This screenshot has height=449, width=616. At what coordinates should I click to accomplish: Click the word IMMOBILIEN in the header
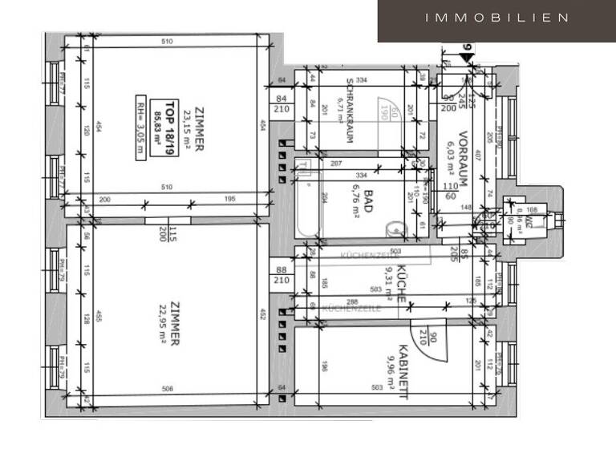497,18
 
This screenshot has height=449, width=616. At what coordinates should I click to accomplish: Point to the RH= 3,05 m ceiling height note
141,129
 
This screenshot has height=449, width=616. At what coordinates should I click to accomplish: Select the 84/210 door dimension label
282,104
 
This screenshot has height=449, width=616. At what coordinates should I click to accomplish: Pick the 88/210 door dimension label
282,276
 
